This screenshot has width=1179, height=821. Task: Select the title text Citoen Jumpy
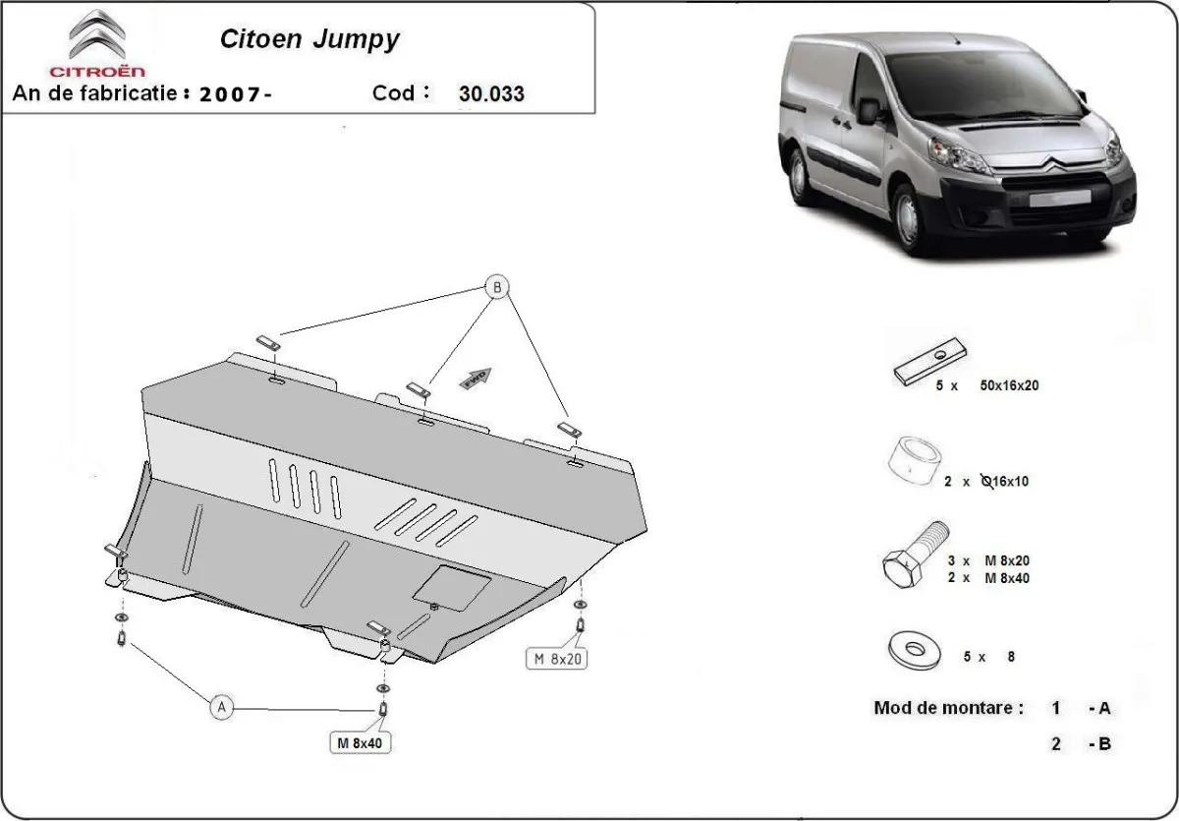pos(309,39)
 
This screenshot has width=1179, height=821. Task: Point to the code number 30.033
pos(491,94)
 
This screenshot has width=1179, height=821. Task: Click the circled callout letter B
pos(498,288)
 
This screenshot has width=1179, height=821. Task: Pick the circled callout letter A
pos(221,706)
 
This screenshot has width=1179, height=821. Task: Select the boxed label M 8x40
pos(359,744)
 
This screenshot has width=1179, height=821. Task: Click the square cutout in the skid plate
pos(452,587)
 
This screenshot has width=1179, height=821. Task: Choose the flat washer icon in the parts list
pos(913,649)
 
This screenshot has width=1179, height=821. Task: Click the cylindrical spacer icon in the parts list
pos(914,460)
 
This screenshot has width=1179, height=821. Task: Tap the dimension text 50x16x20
pos(1009,385)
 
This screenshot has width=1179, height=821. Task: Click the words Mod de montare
pos(948,708)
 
